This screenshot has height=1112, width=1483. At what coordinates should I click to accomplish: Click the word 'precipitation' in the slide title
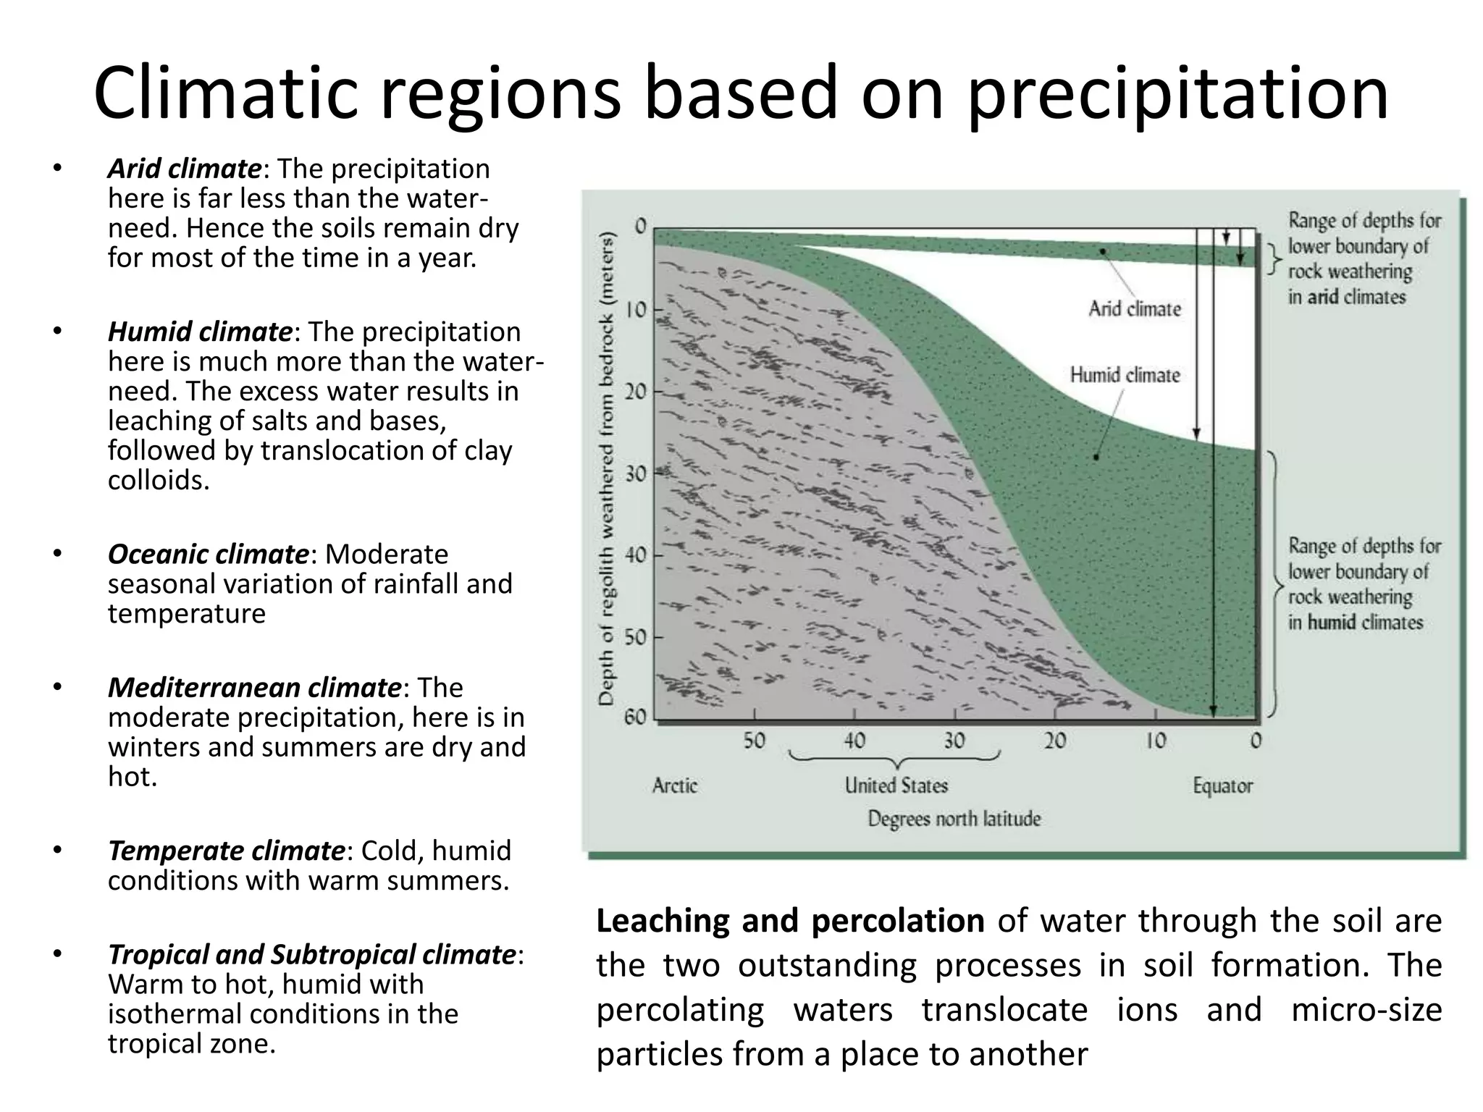pos(1177,94)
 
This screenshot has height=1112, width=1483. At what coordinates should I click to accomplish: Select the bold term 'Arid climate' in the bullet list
pos(184,169)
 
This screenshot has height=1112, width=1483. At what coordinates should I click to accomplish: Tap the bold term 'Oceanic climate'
pos(208,554)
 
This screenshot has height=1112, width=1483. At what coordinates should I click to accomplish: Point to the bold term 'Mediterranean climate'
pos(253,687)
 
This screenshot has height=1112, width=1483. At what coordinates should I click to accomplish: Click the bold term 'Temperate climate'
pos(226,850)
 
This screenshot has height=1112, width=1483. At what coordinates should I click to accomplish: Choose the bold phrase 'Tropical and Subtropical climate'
pos(311,954)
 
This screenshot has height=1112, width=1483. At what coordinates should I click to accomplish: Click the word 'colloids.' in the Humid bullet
pos(159,480)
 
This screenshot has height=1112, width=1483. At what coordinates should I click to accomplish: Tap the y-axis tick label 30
pos(635,474)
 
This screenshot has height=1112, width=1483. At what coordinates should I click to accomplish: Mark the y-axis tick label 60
pos(635,717)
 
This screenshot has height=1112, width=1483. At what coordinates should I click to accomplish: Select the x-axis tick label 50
pos(753,741)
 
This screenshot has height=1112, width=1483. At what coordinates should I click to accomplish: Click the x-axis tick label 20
pos(1054,741)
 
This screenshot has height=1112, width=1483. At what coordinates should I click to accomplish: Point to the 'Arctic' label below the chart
pos(674,785)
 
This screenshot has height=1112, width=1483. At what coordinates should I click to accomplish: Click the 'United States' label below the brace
pos(896,785)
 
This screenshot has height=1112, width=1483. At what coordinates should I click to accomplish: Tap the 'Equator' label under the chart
pos(1222,785)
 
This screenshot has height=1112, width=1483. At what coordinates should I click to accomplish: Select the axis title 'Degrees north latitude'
pos(954,819)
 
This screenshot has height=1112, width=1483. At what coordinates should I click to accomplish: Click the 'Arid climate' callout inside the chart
pos(1134,309)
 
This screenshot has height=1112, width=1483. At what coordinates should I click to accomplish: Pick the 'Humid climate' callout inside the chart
pos(1125,375)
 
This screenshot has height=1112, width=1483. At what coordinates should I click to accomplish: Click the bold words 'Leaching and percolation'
pos(789,921)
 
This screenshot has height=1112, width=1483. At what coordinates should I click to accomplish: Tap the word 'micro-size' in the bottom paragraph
pos(1366,1009)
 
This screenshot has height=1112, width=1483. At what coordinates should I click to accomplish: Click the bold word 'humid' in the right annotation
pos(1331,623)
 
